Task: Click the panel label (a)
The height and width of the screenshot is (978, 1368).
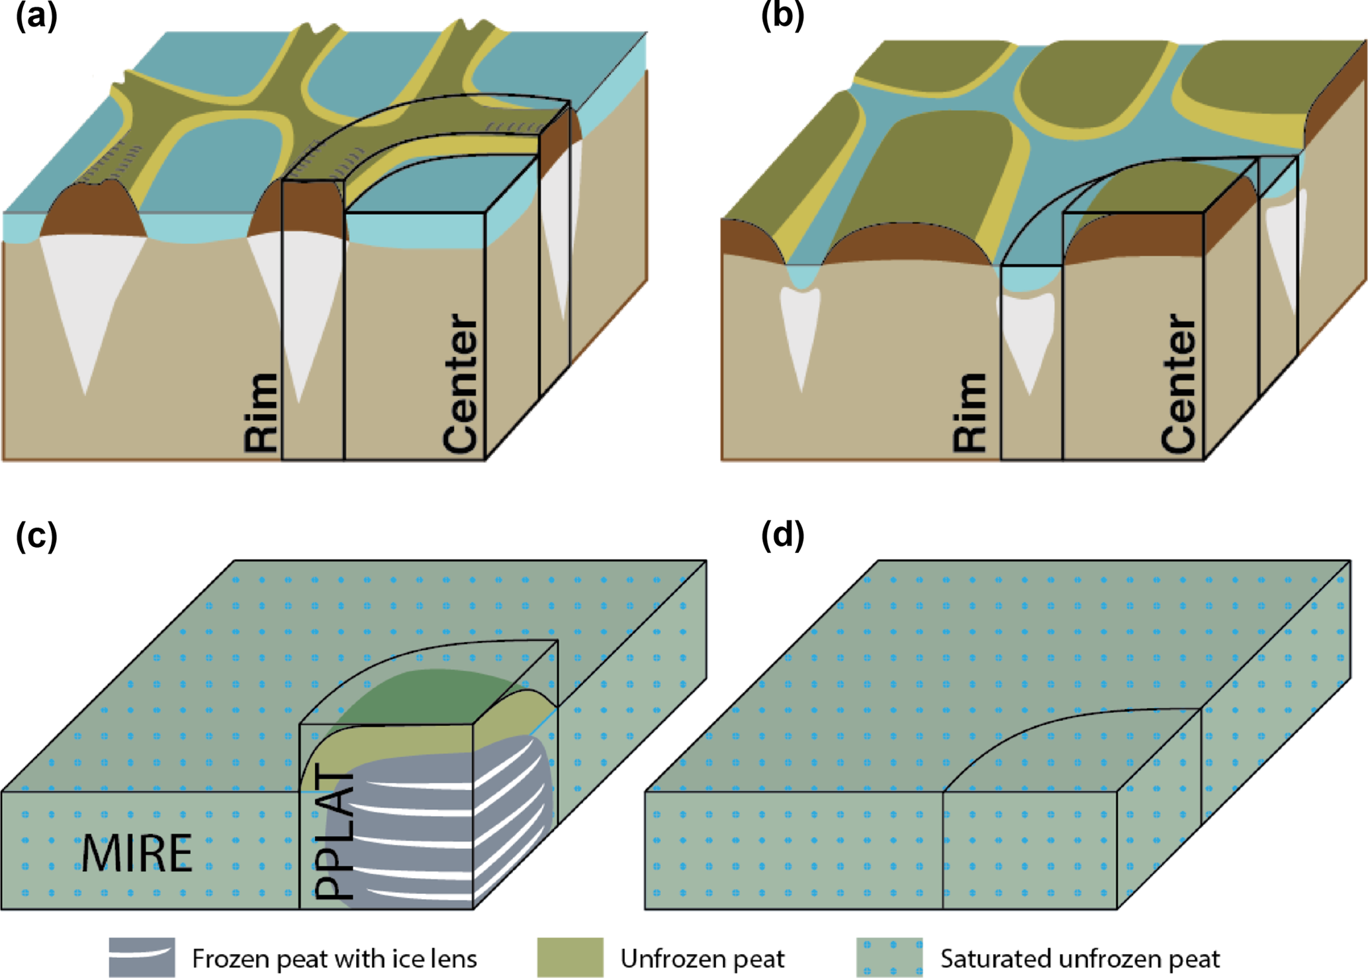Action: tap(36, 17)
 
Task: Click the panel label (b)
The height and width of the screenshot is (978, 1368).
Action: tap(782, 17)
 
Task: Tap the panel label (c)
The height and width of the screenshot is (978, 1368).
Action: tap(36, 536)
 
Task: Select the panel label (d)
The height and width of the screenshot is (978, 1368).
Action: tap(782, 536)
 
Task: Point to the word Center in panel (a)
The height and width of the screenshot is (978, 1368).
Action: tap(461, 384)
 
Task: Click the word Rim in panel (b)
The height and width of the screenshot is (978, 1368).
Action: tap(970, 413)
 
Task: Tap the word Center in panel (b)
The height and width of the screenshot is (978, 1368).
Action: tap(1179, 384)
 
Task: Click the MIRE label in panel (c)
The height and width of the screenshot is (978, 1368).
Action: tap(137, 854)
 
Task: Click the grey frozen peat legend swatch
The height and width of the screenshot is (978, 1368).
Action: tap(142, 957)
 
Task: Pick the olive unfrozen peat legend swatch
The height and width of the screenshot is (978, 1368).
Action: tap(570, 957)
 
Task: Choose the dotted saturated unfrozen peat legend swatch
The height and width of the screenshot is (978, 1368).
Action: tap(889, 957)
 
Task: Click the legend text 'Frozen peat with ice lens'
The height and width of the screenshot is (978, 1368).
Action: tap(334, 958)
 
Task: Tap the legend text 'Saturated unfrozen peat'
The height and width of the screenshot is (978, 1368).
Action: tap(1080, 958)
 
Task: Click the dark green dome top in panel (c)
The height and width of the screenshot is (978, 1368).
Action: tap(424, 695)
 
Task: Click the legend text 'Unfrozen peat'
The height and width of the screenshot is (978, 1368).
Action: tap(702, 958)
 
